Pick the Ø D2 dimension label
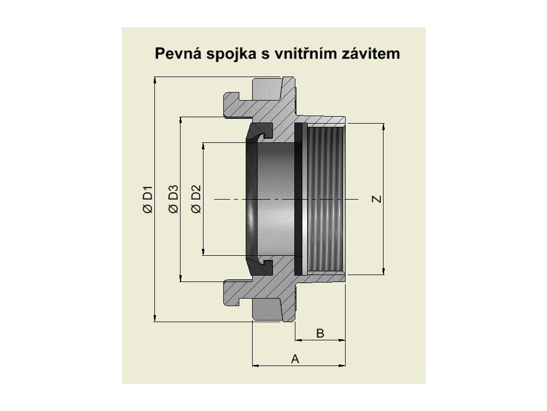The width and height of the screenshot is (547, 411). (x=196, y=199)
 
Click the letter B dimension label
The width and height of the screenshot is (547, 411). (x=320, y=333)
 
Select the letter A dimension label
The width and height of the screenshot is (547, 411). (x=295, y=359)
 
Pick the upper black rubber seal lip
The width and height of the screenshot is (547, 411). (x=260, y=131)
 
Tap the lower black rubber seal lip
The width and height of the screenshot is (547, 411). (x=260, y=266)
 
